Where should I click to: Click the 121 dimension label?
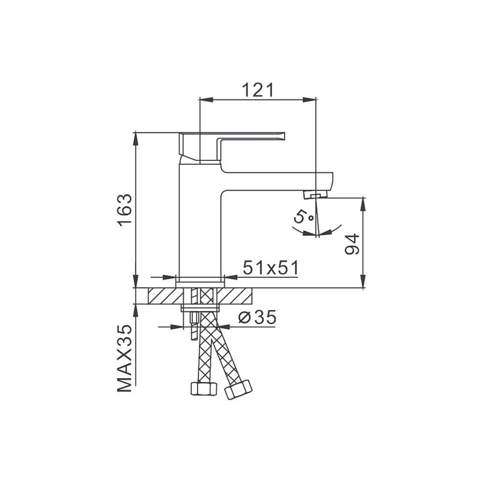point(257,90)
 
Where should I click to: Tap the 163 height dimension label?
point(126,210)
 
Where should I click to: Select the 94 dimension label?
point(352,244)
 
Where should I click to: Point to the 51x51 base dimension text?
point(271,268)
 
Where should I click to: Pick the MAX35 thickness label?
point(125,358)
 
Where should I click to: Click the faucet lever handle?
point(232,147)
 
